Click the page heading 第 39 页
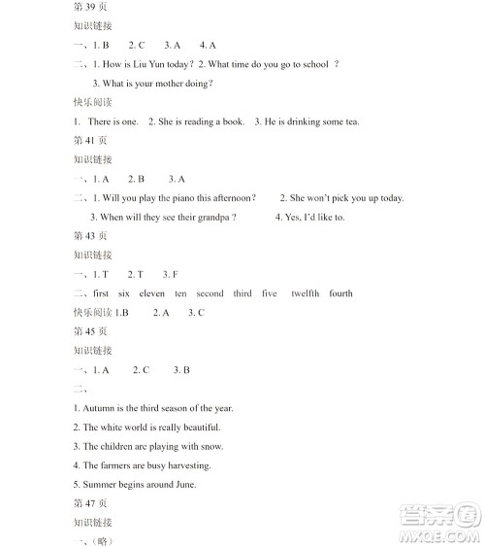click(x=90, y=8)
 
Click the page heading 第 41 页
click(x=90, y=140)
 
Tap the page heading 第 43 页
click(x=90, y=236)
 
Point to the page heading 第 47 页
click(x=90, y=502)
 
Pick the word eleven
click(x=152, y=293)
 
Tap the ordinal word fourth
click(x=340, y=293)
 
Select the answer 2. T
click(x=135, y=274)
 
